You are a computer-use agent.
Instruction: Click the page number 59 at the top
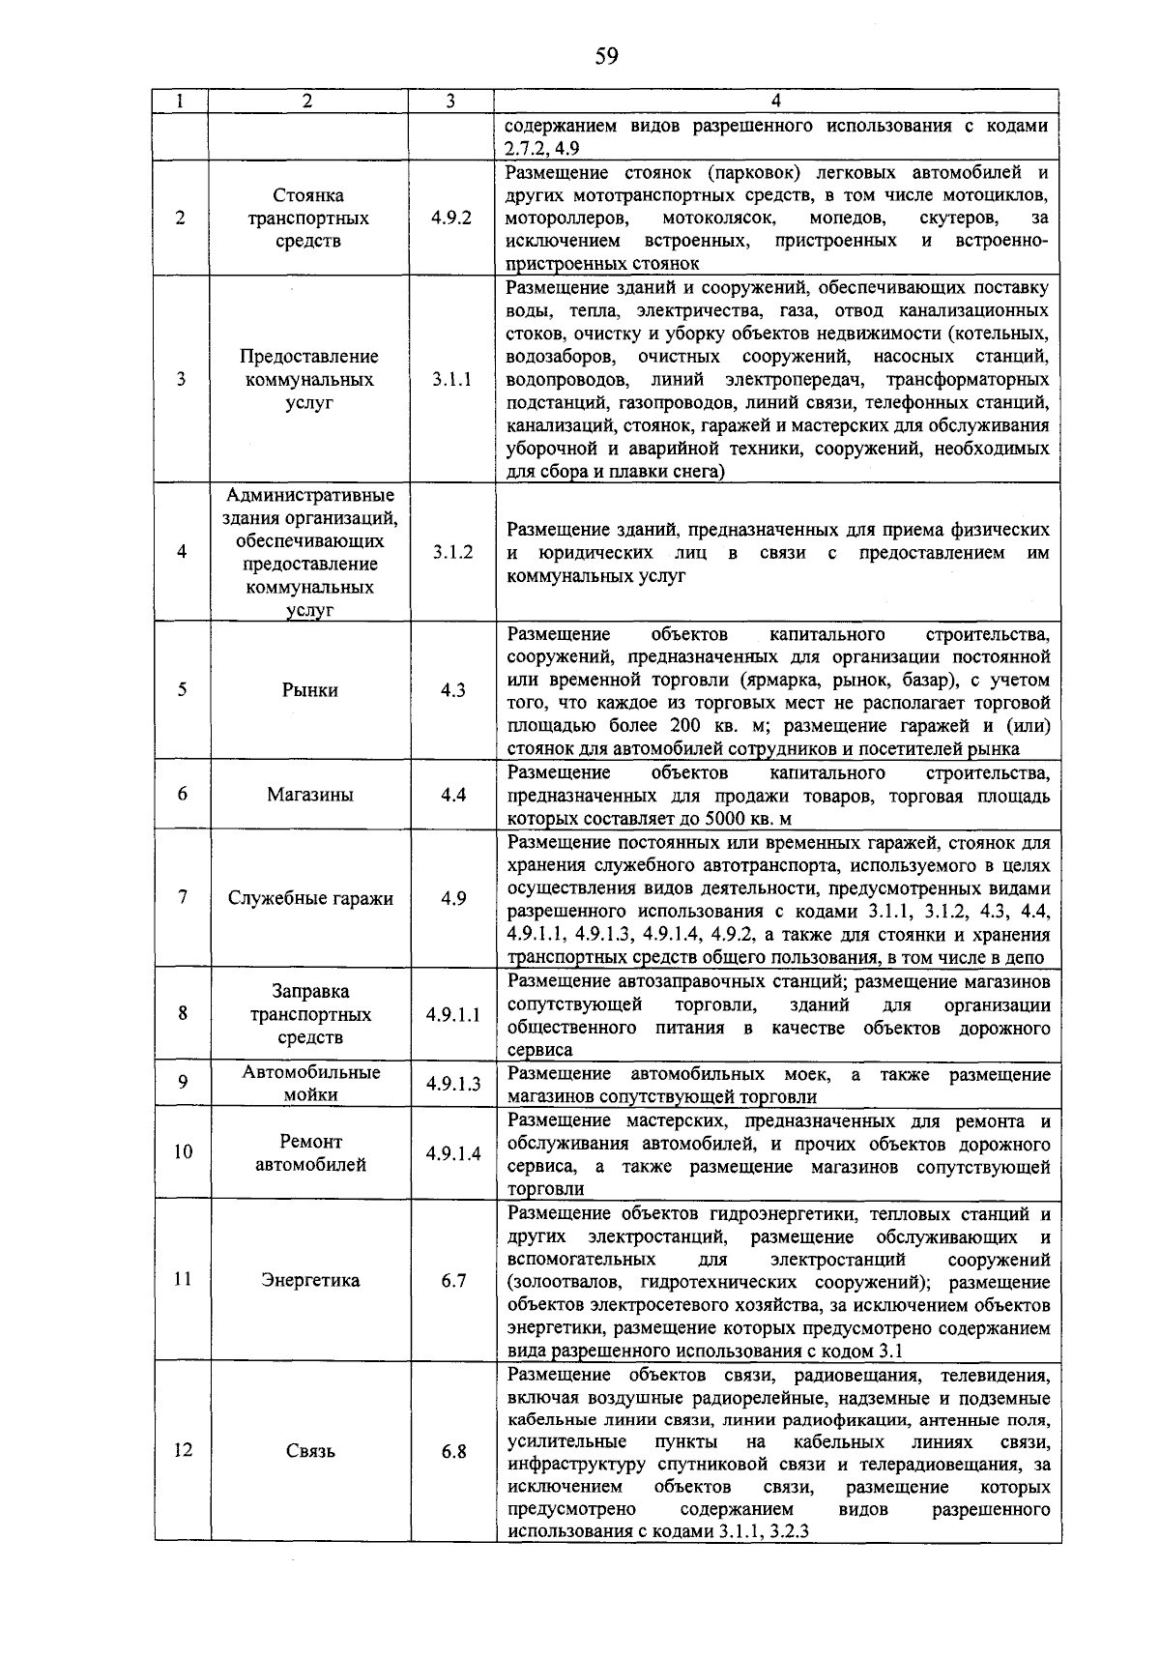click(606, 56)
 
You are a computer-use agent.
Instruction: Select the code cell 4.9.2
click(452, 218)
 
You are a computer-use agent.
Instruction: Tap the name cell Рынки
click(310, 690)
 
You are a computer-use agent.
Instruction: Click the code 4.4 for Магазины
click(453, 795)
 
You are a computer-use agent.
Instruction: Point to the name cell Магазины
click(310, 795)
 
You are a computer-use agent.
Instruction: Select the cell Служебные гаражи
click(310, 898)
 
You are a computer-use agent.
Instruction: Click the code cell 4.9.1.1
click(452, 1015)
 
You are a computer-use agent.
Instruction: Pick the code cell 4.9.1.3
click(452, 1084)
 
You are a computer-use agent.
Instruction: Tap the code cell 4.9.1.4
click(452, 1153)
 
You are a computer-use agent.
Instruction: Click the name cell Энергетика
click(310, 1280)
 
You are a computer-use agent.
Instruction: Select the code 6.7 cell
click(453, 1280)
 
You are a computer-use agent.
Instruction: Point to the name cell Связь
click(310, 1451)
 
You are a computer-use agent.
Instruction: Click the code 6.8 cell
click(453, 1451)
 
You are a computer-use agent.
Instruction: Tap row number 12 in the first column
click(183, 1450)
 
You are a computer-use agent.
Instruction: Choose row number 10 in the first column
click(183, 1152)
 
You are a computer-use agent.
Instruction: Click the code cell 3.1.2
click(452, 552)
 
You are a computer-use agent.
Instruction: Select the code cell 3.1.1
click(452, 380)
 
